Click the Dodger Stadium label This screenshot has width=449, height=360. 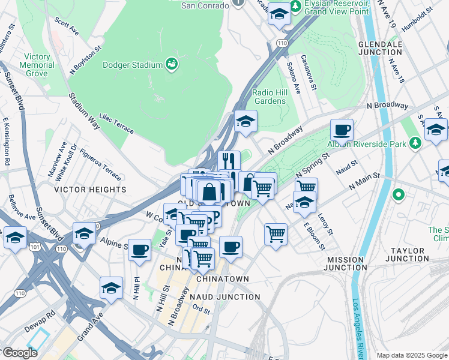click(133, 65)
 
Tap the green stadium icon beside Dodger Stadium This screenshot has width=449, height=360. click(172, 64)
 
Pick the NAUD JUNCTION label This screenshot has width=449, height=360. click(225, 296)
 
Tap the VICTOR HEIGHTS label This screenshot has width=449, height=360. click(90, 190)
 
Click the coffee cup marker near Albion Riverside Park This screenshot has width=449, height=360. click(342, 130)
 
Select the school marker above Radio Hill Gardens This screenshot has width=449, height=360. click(246, 122)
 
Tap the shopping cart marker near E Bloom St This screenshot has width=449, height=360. click(276, 233)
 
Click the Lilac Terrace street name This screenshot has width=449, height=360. click(116, 121)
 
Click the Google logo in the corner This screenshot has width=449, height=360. click(20, 353)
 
